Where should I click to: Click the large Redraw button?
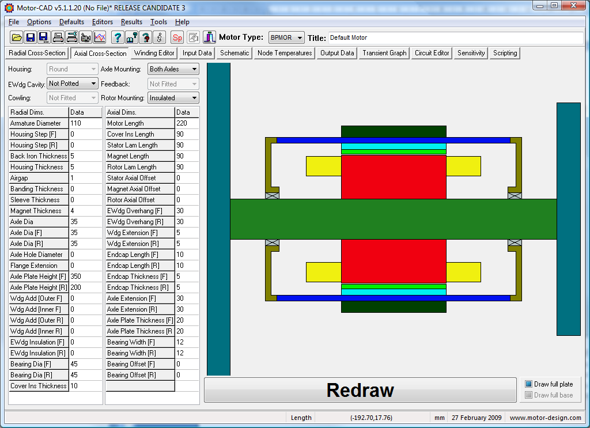[360, 390]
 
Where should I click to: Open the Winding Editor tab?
[154, 53]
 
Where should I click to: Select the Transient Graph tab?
[384, 53]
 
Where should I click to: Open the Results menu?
[131, 22]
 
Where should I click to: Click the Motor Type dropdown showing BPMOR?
[286, 37]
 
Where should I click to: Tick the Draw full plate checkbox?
[529, 384]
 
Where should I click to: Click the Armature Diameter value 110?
[85, 123]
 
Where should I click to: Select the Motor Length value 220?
[187, 123]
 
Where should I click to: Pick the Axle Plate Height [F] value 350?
[85, 277]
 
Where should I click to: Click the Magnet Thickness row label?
[39, 211]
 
